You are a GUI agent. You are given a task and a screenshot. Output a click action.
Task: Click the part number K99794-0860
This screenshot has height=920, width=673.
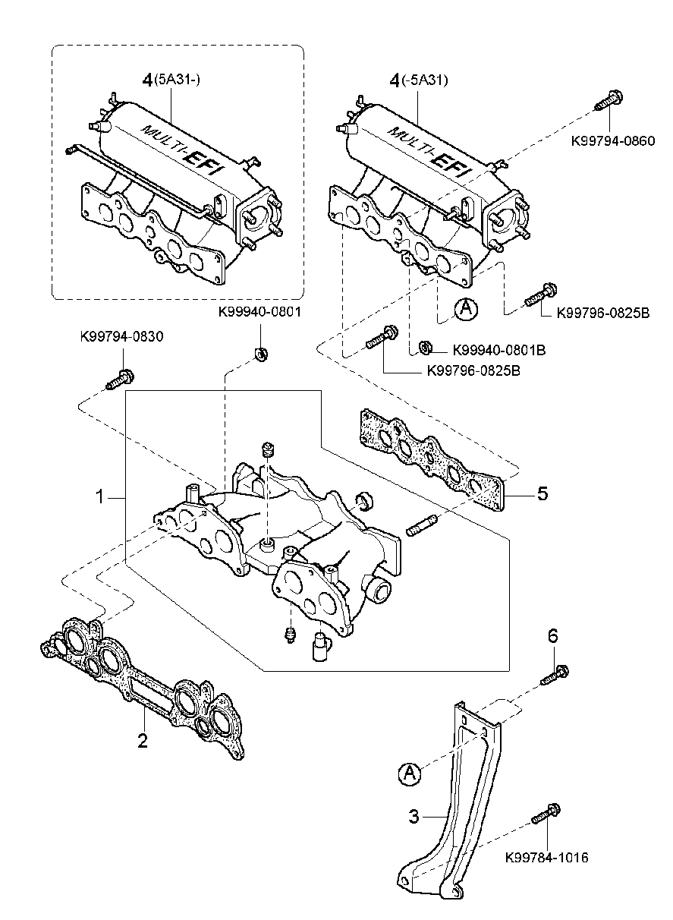coord(612,140)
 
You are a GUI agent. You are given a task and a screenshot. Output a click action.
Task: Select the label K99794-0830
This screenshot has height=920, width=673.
coord(121,336)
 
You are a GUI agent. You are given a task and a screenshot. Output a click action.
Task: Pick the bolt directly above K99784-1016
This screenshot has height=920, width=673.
coord(546,814)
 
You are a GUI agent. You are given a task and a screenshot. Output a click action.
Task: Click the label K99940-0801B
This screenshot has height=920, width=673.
coord(499,351)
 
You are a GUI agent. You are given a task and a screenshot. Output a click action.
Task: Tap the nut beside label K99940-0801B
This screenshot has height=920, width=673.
coord(426,348)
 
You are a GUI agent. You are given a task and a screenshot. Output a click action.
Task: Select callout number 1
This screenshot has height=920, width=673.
coord(100,497)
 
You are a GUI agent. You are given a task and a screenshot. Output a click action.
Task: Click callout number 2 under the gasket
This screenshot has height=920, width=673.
coord(142,740)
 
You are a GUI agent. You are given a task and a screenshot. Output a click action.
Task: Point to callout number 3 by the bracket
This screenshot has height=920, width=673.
coord(414,817)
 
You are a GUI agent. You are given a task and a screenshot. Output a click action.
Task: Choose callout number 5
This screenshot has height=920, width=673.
coord(542,494)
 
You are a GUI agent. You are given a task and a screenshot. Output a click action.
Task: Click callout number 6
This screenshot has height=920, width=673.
coord(553,636)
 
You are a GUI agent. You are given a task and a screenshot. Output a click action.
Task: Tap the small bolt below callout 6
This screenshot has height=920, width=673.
coord(555,675)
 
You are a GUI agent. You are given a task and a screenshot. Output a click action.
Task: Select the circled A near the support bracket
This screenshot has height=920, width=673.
coord(409,773)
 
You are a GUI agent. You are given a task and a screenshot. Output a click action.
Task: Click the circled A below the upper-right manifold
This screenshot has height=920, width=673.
coord(467,309)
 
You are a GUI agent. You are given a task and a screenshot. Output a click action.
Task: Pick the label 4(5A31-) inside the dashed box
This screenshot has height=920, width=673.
coord(171,80)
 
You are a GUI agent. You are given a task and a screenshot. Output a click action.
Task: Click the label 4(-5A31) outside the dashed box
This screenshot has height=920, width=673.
coord(418,80)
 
